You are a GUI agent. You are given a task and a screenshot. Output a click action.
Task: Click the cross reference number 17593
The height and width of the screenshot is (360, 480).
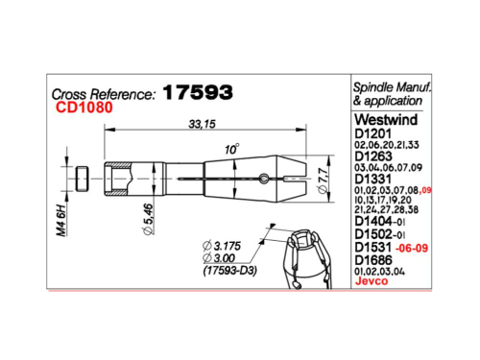pos(198,92)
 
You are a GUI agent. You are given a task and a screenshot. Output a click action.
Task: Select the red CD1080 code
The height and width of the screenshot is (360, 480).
pos(84,108)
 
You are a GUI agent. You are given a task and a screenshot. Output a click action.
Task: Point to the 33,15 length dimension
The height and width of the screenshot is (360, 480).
pos(202,124)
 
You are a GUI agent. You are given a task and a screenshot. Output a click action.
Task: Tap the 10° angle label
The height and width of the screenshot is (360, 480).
pos(231,149)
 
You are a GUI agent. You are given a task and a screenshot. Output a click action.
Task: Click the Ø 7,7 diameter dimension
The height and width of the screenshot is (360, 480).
pos(324,180)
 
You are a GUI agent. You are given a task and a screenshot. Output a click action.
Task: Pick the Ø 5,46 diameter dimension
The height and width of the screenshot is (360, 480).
pos(148,219)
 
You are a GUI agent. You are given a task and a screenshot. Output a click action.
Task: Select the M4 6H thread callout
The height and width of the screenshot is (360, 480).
pos(61,220)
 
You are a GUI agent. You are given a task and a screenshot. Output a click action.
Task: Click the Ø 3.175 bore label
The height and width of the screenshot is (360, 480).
pos(222,246)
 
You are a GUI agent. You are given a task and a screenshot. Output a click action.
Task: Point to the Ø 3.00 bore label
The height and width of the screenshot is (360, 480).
pos(219,258)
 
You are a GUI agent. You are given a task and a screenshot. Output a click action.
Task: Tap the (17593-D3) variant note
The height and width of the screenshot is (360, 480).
pos(230,271)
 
